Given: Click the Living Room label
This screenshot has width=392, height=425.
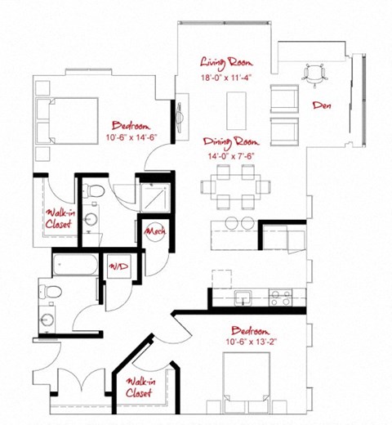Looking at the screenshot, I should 228,61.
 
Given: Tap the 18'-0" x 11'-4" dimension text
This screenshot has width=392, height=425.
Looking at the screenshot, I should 228,78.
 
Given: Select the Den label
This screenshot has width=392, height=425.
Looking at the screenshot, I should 322,105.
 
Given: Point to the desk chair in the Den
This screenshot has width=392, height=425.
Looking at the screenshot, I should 314,74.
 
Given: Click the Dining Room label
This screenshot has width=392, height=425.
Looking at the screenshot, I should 231,141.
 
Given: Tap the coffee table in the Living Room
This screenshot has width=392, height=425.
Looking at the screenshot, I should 238,105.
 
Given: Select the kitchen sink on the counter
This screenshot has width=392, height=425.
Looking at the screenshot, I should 241,295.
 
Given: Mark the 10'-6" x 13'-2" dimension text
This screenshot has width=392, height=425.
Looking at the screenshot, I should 257,342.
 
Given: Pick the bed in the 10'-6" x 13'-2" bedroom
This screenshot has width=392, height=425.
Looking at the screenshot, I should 246,387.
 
